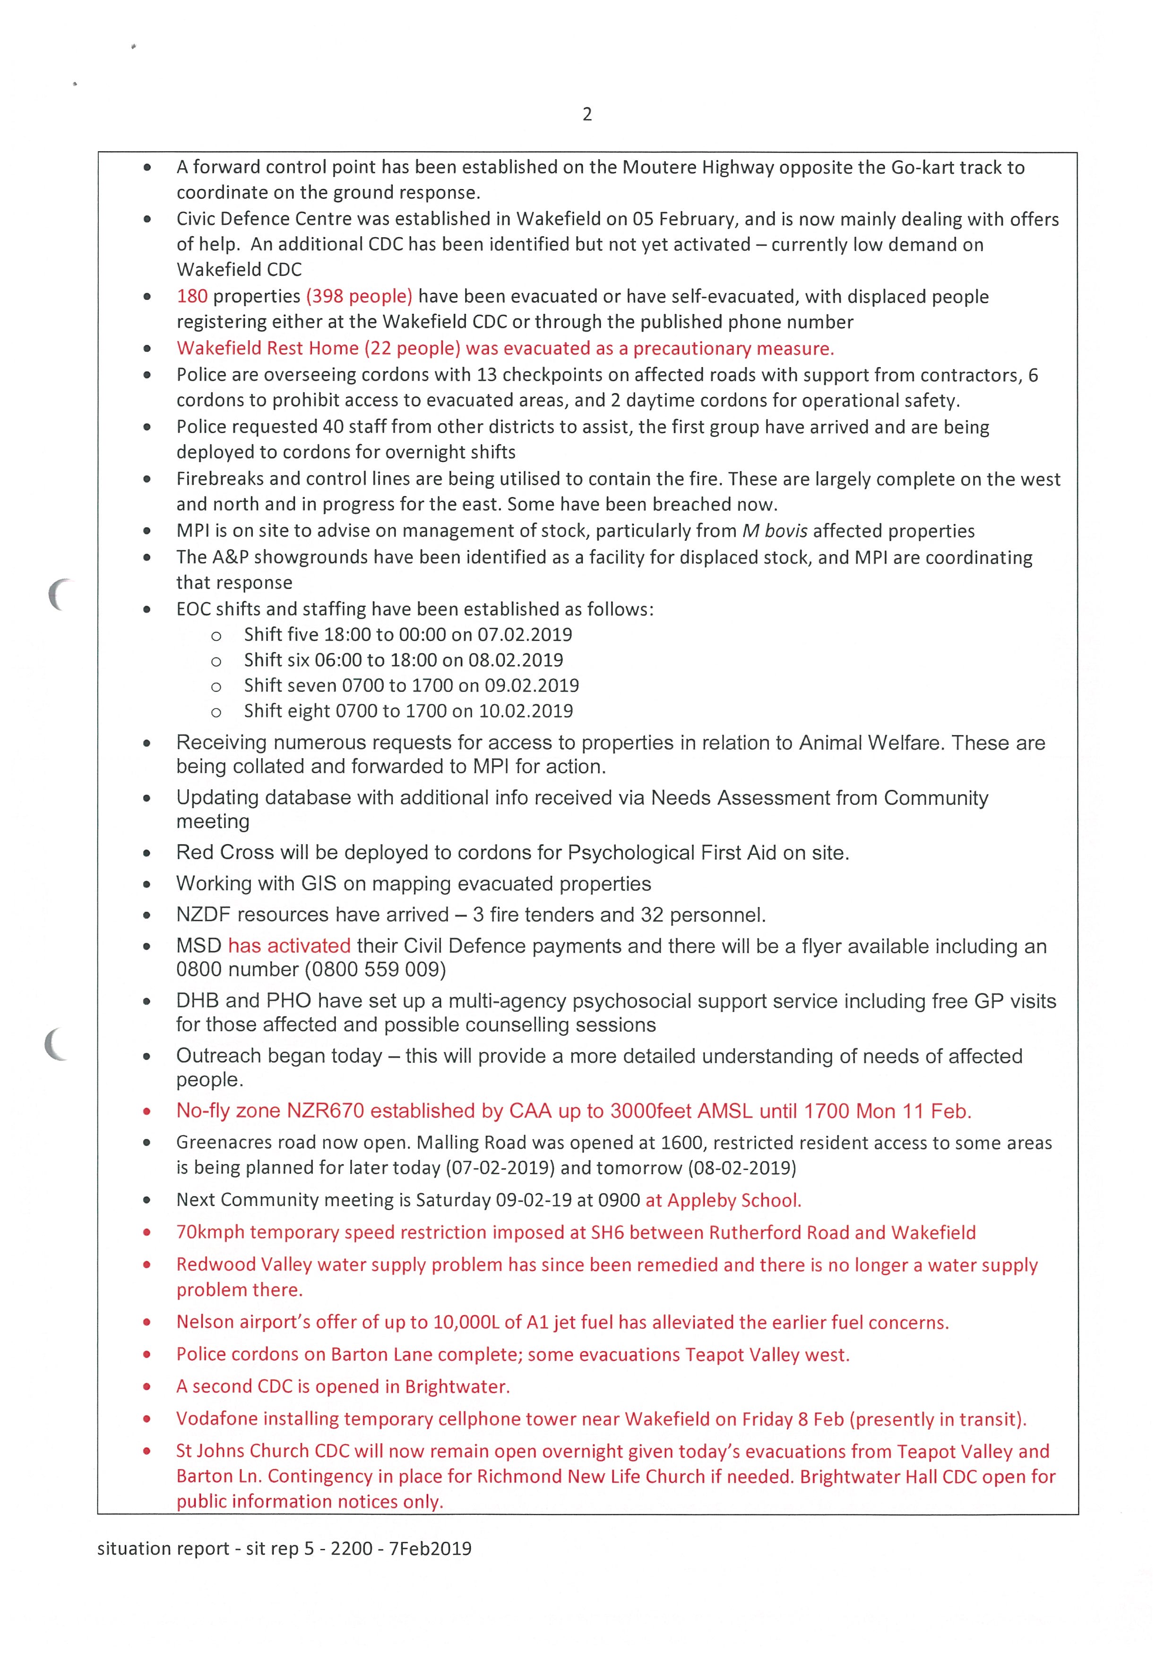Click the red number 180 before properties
point(192,296)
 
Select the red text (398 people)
point(359,296)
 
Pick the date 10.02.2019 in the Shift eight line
point(526,711)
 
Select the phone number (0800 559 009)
point(376,969)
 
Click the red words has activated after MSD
point(289,946)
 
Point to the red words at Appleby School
point(723,1200)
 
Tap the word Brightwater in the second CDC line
point(457,1386)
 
